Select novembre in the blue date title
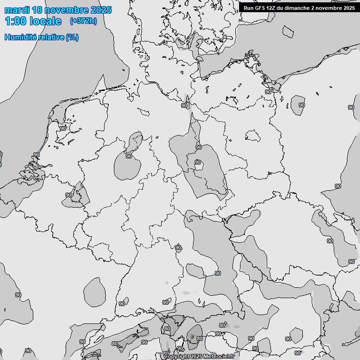tap(69, 10)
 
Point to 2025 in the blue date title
tap(101, 10)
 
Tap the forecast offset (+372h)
tap(83, 21)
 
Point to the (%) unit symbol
tap(72, 37)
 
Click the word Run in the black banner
tap(249, 8)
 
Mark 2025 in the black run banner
tap(349, 8)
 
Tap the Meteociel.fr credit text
tap(219, 356)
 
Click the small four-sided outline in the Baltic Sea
tap(287, 31)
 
